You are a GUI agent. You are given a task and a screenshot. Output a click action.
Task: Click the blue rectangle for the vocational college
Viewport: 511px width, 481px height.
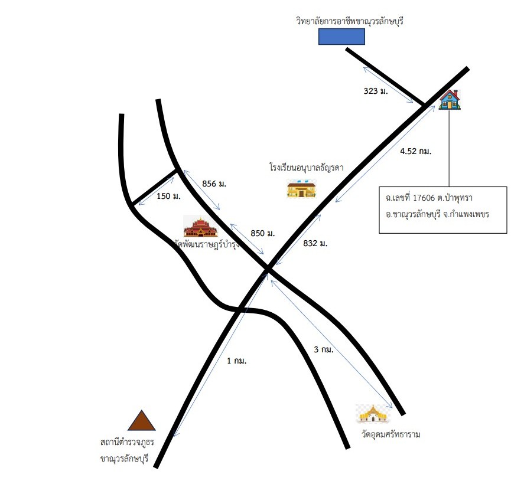[341, 37]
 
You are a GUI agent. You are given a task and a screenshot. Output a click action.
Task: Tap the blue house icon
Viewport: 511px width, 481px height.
[450, 100]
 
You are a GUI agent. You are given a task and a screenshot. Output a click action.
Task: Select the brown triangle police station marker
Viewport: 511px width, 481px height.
[141, 420]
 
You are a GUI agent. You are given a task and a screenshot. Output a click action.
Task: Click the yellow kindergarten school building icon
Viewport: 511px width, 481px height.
[301, 188]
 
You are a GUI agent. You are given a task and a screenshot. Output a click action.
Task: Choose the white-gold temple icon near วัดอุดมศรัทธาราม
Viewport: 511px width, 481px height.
[373, 414]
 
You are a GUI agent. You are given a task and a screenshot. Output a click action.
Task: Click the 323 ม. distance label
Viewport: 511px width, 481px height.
[376, 91]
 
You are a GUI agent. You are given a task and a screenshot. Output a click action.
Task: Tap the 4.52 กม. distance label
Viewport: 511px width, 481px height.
[415, 151]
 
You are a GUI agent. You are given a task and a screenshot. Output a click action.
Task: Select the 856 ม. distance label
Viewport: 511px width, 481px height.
[214, 184]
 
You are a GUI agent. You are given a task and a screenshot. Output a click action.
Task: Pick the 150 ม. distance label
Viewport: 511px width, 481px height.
[168, 196]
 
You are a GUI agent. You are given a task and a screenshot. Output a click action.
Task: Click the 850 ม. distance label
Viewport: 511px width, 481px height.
[263, 233]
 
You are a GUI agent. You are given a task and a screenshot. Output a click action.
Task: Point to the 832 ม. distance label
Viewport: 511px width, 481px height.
[315, 243]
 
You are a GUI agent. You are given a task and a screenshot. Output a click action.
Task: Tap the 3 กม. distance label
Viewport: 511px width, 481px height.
[324, 349]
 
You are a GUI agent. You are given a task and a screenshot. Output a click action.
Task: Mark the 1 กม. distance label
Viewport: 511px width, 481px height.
[237, 361]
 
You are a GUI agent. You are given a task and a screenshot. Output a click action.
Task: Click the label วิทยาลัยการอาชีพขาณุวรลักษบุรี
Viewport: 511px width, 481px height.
[350, 21]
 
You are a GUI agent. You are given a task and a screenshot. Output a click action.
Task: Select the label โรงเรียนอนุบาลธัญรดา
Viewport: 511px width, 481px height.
[307, 168]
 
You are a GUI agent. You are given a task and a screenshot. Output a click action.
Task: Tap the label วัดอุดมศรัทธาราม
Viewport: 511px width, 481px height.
[390, 434]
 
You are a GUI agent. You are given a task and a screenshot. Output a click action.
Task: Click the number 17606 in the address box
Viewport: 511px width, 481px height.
[424, 198]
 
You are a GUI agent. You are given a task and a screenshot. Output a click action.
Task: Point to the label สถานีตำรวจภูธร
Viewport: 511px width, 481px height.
[127, 442]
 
